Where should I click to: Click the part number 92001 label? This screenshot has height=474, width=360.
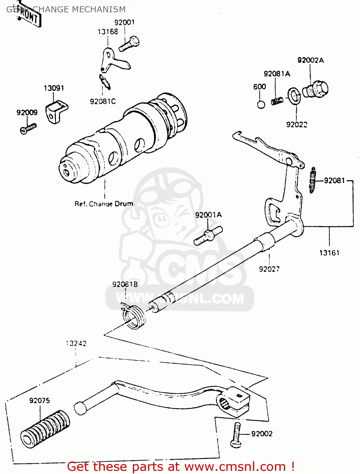[124, 22]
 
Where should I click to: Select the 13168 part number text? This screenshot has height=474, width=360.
[108, 32]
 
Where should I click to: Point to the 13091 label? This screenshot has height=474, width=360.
[54, 88]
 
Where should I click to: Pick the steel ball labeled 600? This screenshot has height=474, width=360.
[261, 104]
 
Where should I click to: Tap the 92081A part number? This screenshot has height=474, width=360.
[277, 74]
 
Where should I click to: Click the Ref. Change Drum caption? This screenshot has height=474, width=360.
[104, 204]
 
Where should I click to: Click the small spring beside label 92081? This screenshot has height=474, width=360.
[313, 180]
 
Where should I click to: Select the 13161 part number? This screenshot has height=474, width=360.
[329, 253]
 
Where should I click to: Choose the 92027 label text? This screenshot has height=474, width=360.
[269, 269]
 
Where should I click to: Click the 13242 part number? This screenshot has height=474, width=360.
[76, 343]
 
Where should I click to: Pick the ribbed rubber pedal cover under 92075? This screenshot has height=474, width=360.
[45, 429]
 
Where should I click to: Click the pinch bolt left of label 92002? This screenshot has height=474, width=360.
[236, 435]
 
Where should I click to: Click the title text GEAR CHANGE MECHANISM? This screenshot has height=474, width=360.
[66, 9]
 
